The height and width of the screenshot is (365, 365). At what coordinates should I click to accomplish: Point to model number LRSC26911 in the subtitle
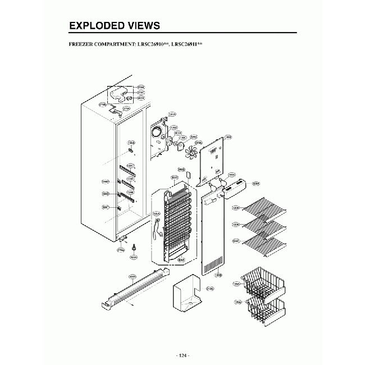(186, 43)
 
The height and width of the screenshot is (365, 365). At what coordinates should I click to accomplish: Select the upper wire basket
(261, 281)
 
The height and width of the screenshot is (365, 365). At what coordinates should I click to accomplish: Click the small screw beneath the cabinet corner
(134, 247)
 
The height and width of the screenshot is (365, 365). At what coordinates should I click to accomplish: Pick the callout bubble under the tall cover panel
(218, 275)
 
